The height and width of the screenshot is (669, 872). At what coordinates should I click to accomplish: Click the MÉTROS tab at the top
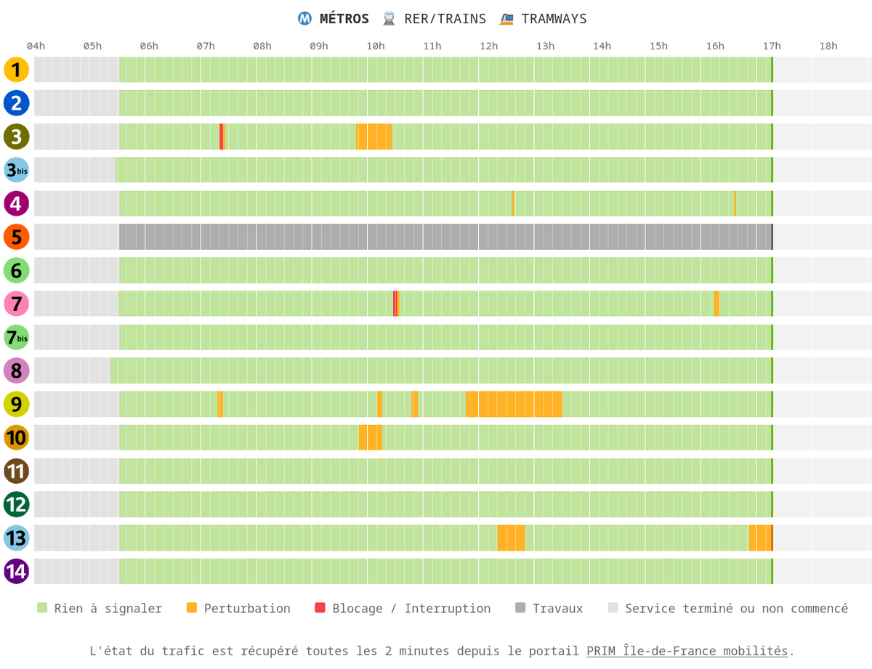click(334, 19)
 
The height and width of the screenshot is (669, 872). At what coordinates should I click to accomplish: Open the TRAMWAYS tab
click(544, 19)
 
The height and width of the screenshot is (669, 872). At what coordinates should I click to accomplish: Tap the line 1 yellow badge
click(16, 70)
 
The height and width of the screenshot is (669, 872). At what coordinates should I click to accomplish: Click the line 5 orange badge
click(16, 237)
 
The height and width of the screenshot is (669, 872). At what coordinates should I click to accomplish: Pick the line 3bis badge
click(16, 170)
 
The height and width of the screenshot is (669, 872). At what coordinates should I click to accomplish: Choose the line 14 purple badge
click(16, 571)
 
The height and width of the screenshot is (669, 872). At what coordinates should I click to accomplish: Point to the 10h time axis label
click(376, 46)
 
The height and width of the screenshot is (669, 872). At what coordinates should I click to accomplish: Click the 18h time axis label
click(828, 46)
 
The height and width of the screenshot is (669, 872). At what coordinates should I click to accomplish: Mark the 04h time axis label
click(36, 46)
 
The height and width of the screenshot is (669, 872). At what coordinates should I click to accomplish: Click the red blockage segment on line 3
click(221, 137)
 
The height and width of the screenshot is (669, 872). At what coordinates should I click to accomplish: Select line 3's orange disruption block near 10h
click(374, 137)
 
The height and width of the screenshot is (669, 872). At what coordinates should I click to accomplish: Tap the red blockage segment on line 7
click(395, 304)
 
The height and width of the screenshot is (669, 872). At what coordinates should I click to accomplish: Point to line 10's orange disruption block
click(370, 437)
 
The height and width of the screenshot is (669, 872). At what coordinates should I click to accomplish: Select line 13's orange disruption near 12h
click(511, 538)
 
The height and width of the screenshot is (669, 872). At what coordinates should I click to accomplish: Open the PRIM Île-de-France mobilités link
click(687, 651)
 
